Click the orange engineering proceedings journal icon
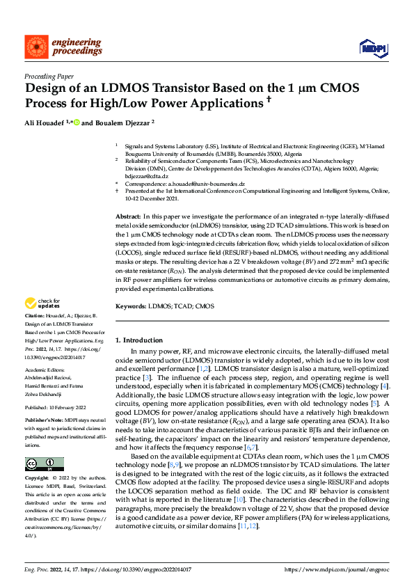click(36, 47)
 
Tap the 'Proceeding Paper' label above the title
click(49, 76)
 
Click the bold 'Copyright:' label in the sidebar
click(37, 479)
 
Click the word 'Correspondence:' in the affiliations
click(146, 184)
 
